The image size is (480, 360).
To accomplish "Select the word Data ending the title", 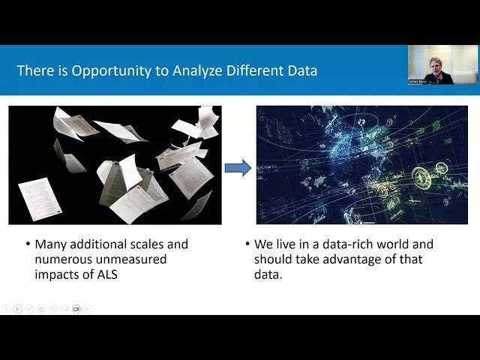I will (301, 71).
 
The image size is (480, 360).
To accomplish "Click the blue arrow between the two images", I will (238, 167).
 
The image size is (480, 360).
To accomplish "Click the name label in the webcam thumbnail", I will (418, 81).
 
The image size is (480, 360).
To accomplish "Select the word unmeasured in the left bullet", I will (137, 259).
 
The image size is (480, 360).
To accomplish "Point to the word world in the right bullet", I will (399, 244).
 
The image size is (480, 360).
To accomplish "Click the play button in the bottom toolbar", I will (17, 308).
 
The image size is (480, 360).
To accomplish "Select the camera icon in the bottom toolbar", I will (76, 308).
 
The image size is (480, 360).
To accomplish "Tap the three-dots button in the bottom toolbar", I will (88, 308).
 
